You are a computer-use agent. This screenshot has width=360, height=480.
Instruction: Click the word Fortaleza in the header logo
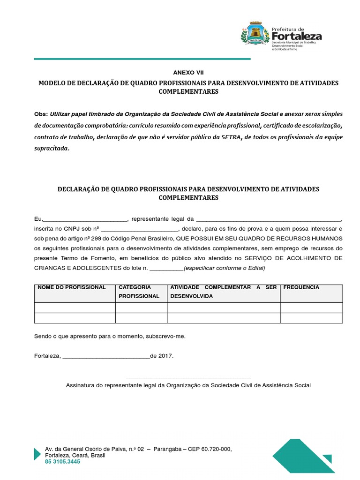tap(296, 36)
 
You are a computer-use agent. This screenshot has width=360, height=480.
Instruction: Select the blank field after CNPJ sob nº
tap(139, 229)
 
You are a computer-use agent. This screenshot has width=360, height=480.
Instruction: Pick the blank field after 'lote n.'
tap(166, 268)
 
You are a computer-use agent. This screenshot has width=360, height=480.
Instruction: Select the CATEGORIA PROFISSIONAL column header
tap(139, 292)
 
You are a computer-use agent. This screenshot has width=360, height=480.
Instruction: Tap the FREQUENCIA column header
tap(301, 287)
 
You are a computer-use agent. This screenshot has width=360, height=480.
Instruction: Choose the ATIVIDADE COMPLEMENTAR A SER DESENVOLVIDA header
tap(223, 292)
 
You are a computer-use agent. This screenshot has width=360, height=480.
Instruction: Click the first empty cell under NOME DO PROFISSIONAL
tap(75, 307)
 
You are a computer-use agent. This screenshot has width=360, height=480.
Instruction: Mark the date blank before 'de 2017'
tap(105, 356)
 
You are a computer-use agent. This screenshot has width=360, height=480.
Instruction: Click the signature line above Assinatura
tap(188, 377)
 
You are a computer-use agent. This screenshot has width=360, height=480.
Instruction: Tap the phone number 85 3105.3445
tap(62, 462)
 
